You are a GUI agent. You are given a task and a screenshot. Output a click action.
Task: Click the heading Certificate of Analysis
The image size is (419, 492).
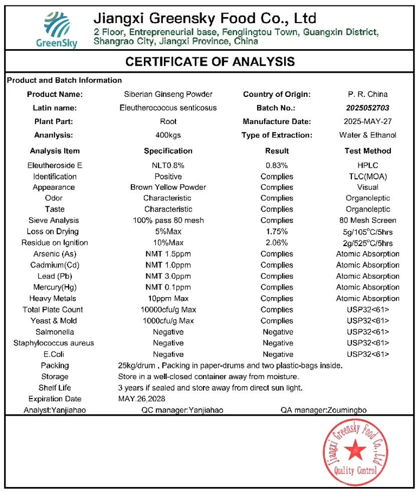[x=209, y=62]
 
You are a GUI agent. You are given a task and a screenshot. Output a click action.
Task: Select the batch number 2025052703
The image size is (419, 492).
[x=367, y=107]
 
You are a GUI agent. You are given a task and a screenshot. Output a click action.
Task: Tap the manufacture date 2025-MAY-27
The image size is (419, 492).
[x=367, y=121]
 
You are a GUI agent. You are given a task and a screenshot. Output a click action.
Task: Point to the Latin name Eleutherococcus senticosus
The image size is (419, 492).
[x=168, y=107]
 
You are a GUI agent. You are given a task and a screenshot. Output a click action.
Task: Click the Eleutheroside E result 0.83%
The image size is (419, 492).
[x=277, y=165]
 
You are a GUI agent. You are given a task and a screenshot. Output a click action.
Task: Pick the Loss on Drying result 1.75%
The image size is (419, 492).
[x=277, y=231]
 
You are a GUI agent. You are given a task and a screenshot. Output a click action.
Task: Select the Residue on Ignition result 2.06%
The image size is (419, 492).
[x=277, y=242]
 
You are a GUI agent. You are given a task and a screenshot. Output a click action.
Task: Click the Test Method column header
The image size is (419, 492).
[x=367, y=151]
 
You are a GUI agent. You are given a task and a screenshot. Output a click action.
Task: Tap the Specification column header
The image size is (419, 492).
[x=168, y=151]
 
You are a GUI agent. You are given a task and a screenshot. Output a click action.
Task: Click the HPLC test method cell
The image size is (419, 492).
[x=367, y=165]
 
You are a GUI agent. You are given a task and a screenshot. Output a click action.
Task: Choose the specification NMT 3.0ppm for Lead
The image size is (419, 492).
[x=168, y=276]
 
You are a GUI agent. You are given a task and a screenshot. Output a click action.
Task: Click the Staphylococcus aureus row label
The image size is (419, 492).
[x=54, y=343]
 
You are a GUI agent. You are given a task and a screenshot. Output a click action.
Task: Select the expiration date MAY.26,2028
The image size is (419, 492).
[x=141, y=399]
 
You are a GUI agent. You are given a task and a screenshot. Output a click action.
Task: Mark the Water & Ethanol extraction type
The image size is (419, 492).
[x=367, y=135]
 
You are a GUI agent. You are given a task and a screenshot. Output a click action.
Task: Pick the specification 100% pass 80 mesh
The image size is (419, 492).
[x=168, y=220]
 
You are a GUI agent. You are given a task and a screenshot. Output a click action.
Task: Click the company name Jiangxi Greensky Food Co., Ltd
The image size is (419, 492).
[x=205, y=19]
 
